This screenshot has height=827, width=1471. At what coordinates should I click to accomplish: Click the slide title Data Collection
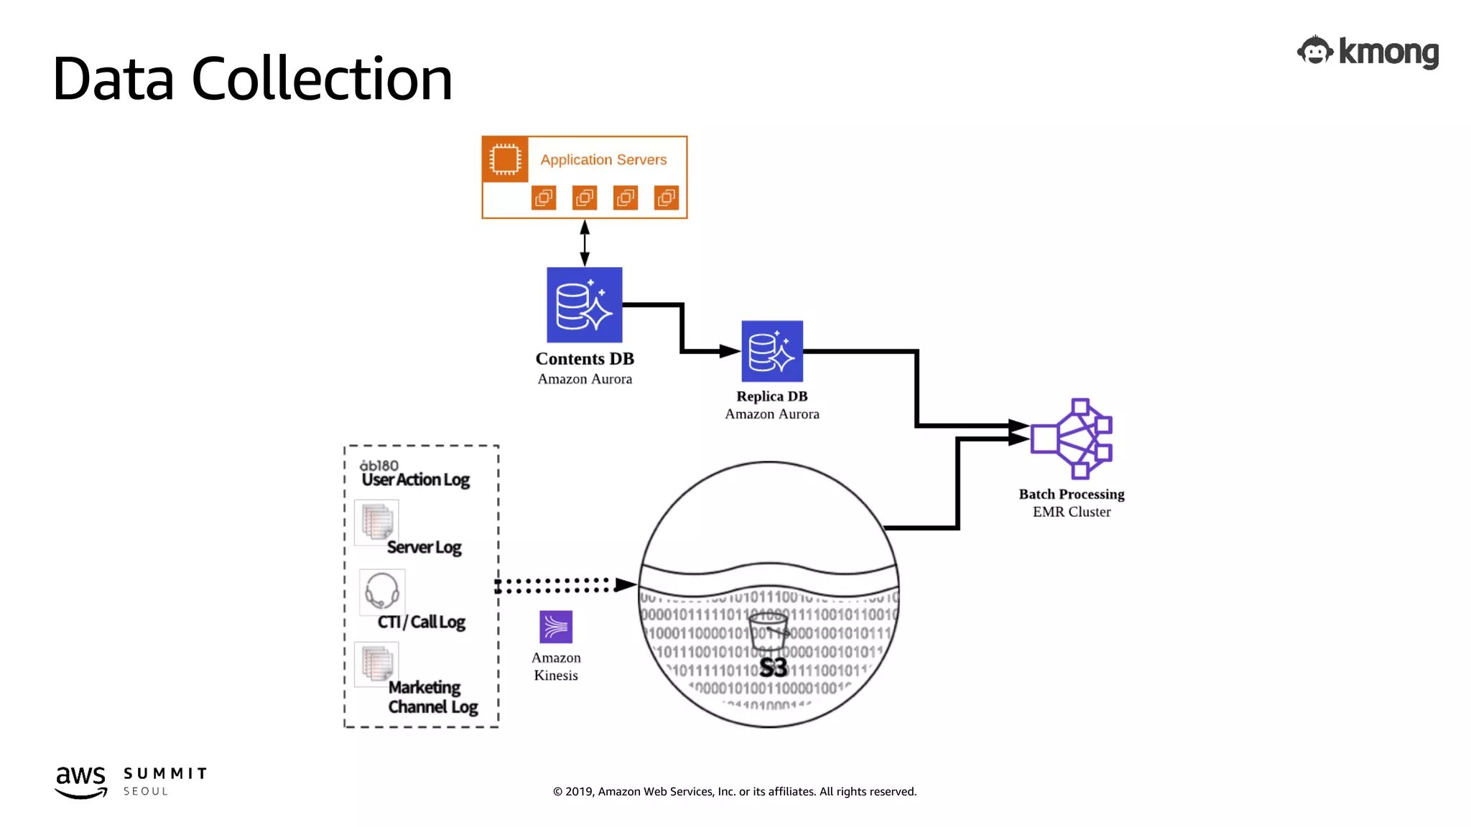click(x=252, y=79)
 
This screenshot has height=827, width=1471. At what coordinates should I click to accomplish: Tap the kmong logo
click(x=1368, y=52)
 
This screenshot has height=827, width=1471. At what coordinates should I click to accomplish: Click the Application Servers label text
click(x=603, y=160)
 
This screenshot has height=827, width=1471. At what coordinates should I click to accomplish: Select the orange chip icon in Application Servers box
click(x=505, y=159)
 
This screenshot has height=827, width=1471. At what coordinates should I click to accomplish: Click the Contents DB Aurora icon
click(x=584, y=305)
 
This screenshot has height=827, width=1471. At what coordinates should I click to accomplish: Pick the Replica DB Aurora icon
click(x=771, y=351)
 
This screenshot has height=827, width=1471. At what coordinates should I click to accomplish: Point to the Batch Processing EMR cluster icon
click(x=1072, y=439)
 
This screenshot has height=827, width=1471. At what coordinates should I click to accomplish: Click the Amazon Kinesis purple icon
click(x=556, y=627)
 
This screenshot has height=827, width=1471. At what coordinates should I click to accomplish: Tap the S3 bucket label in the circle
click(x=773, y=668)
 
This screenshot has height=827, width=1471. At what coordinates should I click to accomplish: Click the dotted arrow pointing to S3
click(x=560, y=585)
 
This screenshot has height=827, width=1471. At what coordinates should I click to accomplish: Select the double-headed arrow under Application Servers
click(x=585, y=243)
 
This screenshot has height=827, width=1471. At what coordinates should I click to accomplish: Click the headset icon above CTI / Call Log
click(x=382, y=590)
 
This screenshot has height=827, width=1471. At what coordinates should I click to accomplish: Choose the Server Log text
click(x=424, y=548)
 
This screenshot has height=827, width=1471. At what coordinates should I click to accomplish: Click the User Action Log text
click(x=415, y=480)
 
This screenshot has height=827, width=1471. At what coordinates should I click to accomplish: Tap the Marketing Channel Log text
click(x=432, y=697)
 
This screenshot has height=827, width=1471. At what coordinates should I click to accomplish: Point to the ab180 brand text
click(x=379, y=465)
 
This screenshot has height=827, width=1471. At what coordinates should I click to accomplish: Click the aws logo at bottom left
click(x=81, y=781)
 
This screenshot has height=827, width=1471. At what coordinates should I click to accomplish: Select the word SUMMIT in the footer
click(x=165, y=773)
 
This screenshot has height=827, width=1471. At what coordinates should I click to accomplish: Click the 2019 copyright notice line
click(x=734, y=791)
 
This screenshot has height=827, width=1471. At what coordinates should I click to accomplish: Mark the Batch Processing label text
click(x=1071, y=494)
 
